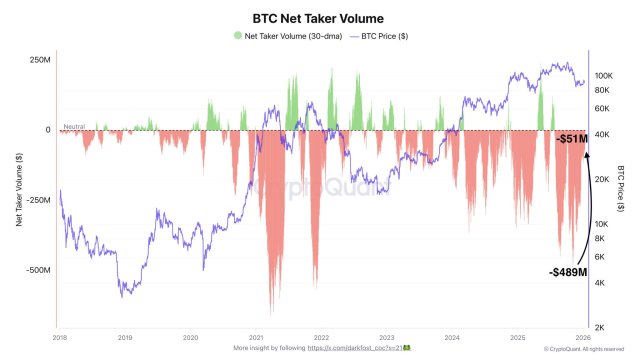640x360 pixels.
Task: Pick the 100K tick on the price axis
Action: (603, 75)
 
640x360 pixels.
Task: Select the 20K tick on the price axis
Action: (601, 179)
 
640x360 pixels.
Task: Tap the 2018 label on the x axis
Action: (59, 339)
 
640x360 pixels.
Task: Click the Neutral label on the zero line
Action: (73, 126)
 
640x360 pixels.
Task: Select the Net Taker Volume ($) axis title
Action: (18, 190)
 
